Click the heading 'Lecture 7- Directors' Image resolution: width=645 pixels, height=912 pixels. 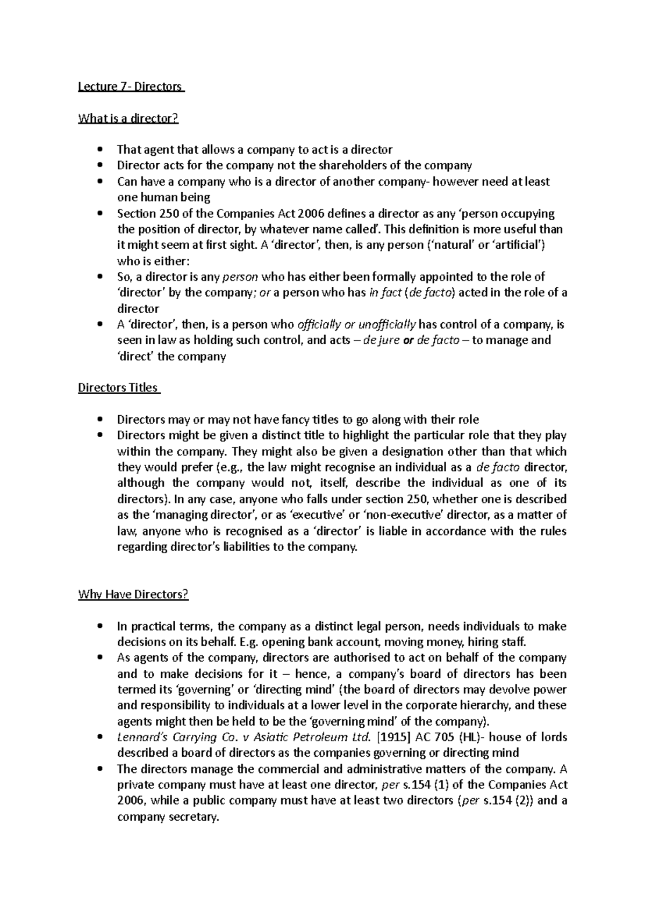click(131, 86)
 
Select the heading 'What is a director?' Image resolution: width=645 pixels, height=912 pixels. click(128, 118)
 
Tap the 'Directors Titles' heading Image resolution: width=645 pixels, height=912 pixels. click(118, 388)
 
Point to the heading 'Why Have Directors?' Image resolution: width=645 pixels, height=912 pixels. click(133, 595)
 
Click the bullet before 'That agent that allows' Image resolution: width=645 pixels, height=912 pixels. click(99, 149)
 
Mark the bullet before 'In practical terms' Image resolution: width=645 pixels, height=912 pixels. click(99, 626)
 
